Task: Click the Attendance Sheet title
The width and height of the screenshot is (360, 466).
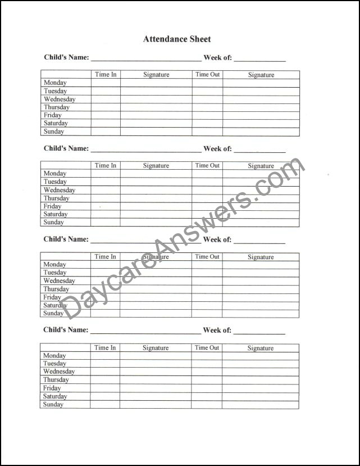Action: click(x=177, y=39)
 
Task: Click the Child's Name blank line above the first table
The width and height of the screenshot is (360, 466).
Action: click(x=146, y=58)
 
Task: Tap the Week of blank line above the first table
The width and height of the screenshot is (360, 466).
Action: click(x=260, y=58)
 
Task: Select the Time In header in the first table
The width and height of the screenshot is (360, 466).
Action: click(x=106, y=74)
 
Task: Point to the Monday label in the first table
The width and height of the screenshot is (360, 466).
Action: click(x=55, y=83)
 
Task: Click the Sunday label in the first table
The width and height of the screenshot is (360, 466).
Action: click(x=54, y=132)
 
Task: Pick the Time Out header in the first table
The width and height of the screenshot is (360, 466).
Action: click(x=207, y=74)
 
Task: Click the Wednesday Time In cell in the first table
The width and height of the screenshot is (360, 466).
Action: click(x=106, y=99)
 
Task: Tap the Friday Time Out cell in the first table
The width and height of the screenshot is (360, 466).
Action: click(x=207, y=115)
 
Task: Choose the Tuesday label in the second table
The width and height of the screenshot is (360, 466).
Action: click(x=55, y=182)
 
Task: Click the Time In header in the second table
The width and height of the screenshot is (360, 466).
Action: click(x=106, y=165)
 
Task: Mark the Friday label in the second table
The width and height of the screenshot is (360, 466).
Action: click(x=53, y=206)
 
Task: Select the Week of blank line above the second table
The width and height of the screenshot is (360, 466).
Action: click(x=260, y=150)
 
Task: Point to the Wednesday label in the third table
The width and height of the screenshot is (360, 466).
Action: click(x=59, y=280)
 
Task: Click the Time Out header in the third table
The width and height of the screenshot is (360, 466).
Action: click(x=207, y=256)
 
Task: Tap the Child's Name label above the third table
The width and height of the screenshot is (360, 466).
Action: click(x=66, y=239)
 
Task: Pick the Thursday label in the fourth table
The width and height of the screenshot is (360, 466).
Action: click(x=56, y=379)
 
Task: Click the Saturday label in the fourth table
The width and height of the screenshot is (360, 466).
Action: click(x=55, y=396)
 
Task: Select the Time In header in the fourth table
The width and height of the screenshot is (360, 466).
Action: click(x=105, y=347)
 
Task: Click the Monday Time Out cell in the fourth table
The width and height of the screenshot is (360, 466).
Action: click(x=207, y=356)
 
